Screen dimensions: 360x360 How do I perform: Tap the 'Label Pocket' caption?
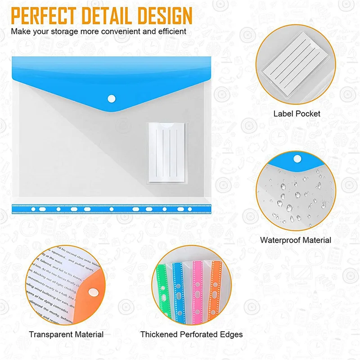(297, 114)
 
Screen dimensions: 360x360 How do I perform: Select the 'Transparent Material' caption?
(66, 334)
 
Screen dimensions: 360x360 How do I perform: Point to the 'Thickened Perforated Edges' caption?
(191, 334)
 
